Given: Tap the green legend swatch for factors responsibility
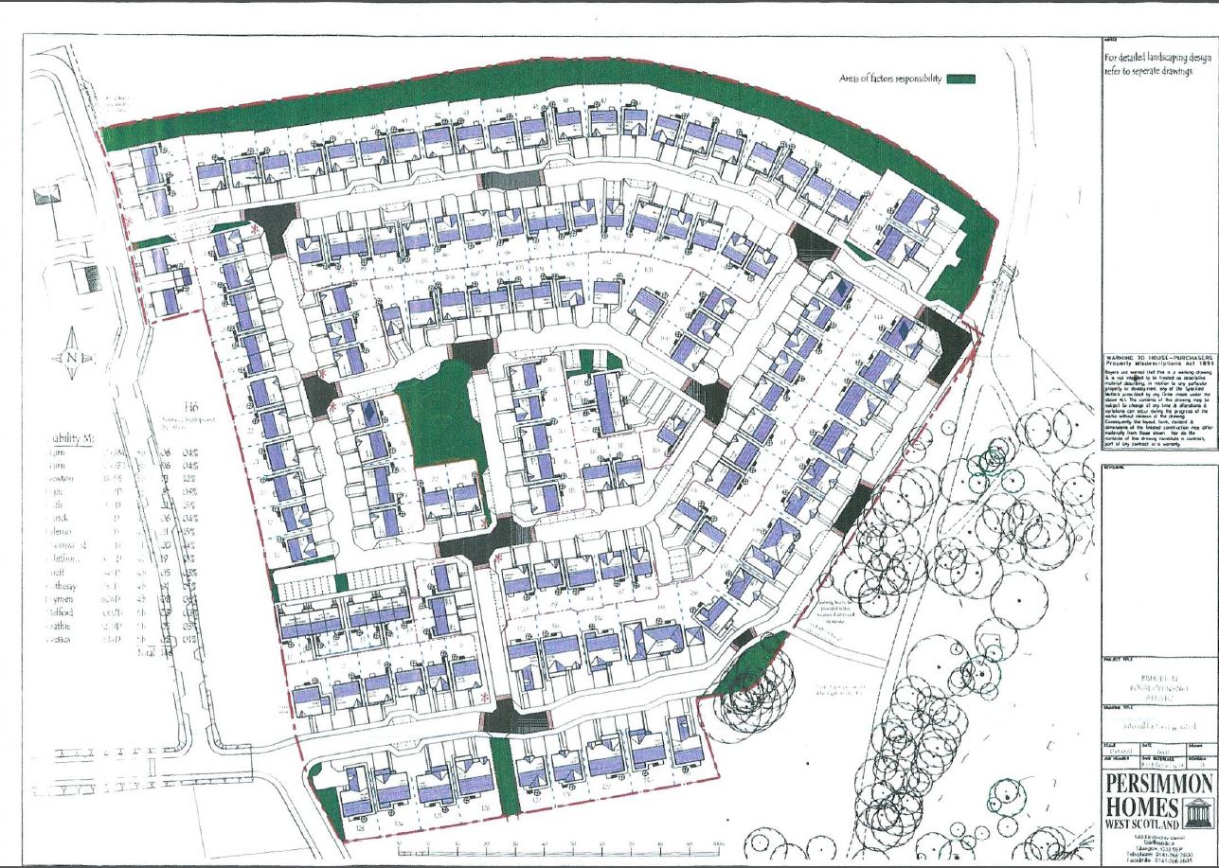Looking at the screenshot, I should point(959,80).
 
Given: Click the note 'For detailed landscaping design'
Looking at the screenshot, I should point(1160,57).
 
